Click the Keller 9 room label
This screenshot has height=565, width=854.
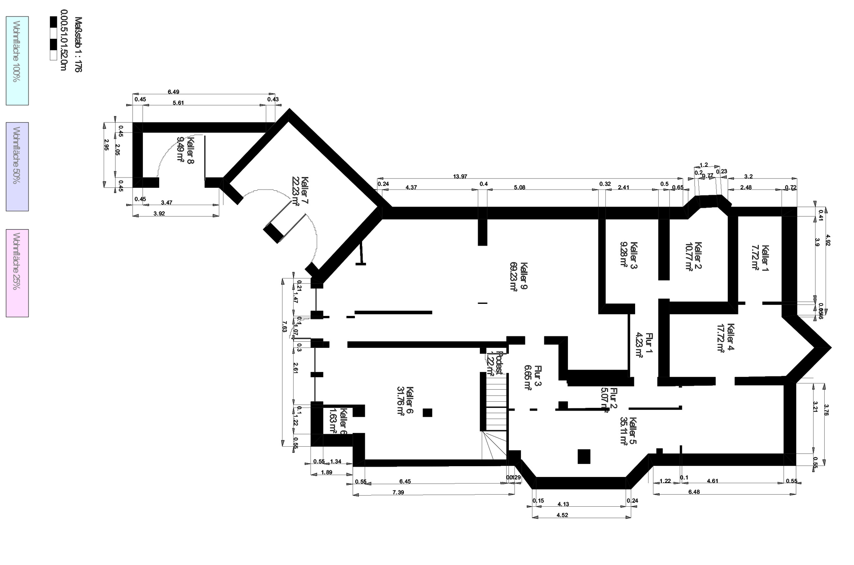point(524,276)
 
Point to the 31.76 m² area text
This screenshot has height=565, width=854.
point(400,401)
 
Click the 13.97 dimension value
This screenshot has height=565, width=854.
point(460,177)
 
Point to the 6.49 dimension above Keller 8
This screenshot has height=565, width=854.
point(173,92)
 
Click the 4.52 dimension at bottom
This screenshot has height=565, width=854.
point(562,515)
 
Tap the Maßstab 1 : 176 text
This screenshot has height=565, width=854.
point(78,44)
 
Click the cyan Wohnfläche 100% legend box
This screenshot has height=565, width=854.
point(17,61)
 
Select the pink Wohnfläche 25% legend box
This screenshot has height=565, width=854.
point(17,273)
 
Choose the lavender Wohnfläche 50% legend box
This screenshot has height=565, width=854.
point(17,167)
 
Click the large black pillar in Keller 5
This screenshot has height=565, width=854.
point(584,456)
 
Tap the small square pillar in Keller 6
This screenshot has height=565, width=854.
point(427,412)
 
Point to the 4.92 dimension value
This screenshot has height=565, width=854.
point(828,240)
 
